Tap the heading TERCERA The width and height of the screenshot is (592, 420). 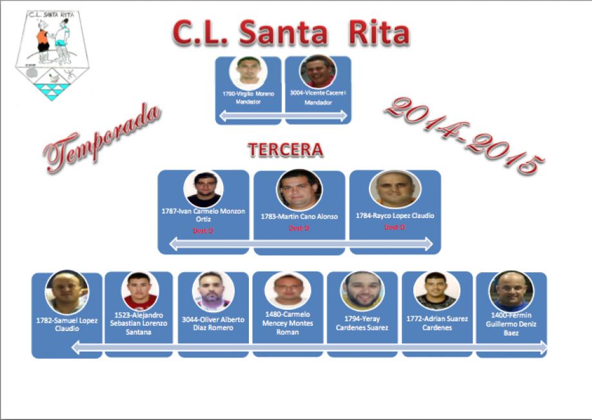(x=285, y=150)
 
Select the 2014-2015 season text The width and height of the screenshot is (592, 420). (x=460, y=136)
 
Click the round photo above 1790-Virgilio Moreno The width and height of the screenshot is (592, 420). (x=248, y=72)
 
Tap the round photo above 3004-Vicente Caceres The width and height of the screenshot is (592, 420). (x=318, y=72)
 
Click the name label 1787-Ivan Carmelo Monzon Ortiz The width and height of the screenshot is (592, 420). (x=203, y=215)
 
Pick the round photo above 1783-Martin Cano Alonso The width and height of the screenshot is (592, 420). (x=299, y=189)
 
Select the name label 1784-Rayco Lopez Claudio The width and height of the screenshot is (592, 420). (x=395, y=215)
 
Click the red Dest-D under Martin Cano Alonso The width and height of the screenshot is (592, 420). (x=299, y=228)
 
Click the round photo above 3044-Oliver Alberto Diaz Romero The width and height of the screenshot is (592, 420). (x=213, y=292)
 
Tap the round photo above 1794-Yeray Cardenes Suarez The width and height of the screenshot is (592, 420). (x=362, y=291)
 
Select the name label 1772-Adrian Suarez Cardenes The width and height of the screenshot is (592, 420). (x=437, y=322)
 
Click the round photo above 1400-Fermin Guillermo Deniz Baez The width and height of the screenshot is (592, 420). (x=511, y=291)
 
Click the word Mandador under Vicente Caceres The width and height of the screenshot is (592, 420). (x=317, y=103)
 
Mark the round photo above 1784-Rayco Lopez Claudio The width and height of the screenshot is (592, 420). (x=395, y=189)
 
